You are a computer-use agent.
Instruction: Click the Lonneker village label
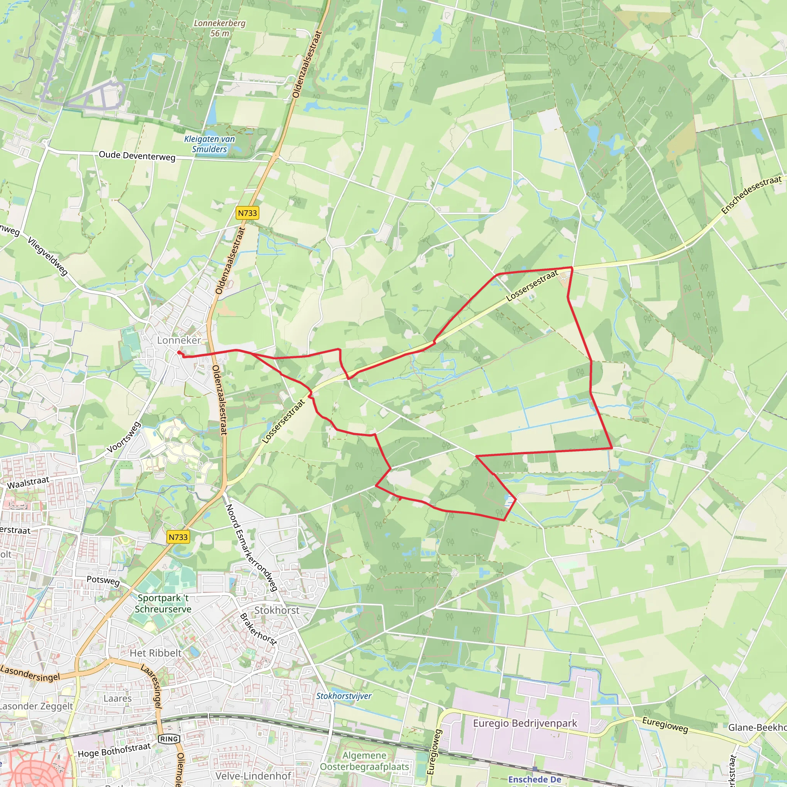(179, 340)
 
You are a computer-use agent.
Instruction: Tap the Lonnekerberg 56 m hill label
(219, 28)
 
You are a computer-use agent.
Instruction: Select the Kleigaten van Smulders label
(209, 144)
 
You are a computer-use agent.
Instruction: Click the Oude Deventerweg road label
(137, 156)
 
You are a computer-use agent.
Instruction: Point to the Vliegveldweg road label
(48, 256)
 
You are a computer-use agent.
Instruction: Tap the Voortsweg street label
(124, 437)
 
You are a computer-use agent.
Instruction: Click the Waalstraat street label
(28, 483)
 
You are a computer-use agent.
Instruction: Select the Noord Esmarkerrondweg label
(251, 548)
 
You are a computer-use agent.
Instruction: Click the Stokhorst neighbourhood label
(277, 610)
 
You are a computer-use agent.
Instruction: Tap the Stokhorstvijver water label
(344, 696)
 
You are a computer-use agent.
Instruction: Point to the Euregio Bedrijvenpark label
(525, 723)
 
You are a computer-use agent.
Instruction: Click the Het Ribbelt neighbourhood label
(155, 653)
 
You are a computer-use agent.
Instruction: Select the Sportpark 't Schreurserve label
(163, 603)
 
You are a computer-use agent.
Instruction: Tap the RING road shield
(169, 739)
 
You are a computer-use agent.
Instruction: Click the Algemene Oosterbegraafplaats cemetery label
(364, 761)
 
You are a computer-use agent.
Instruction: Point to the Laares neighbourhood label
(117, 698)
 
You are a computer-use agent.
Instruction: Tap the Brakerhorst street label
(258, 629)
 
